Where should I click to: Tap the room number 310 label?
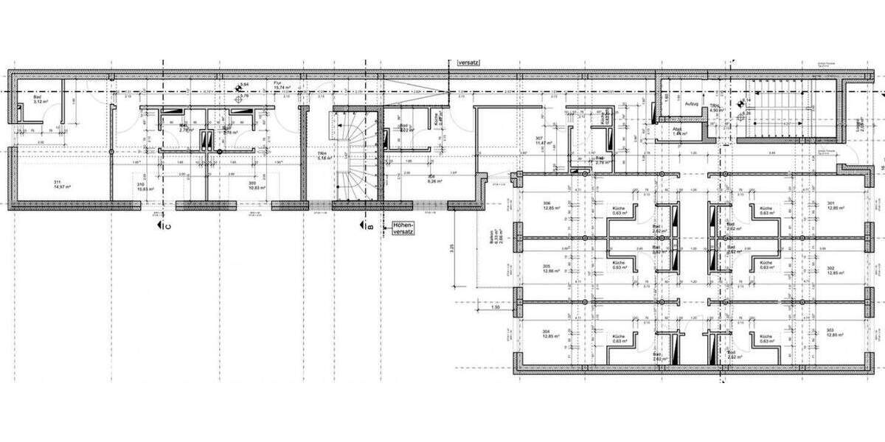coord(139,185)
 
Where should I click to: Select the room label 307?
coord(540,138)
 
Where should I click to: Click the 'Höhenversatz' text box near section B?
coord(403,228)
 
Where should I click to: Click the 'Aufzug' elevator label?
coord(691,105)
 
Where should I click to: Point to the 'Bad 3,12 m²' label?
coord(41,99)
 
